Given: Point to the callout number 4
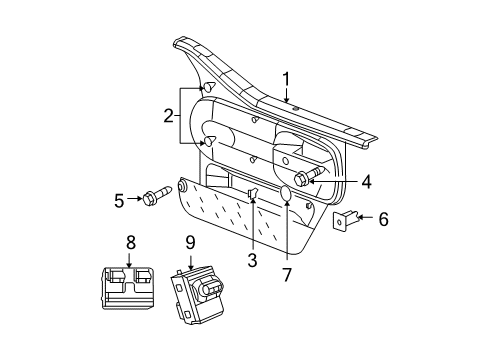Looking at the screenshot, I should (x=366, y=181).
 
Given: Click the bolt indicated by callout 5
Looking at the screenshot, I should (x=159, y=197).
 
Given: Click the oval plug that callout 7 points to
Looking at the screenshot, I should (x=286, y=194).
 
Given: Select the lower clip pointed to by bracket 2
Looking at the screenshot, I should (x=211, y=143).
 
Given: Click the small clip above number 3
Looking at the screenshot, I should (x=253, y=192).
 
